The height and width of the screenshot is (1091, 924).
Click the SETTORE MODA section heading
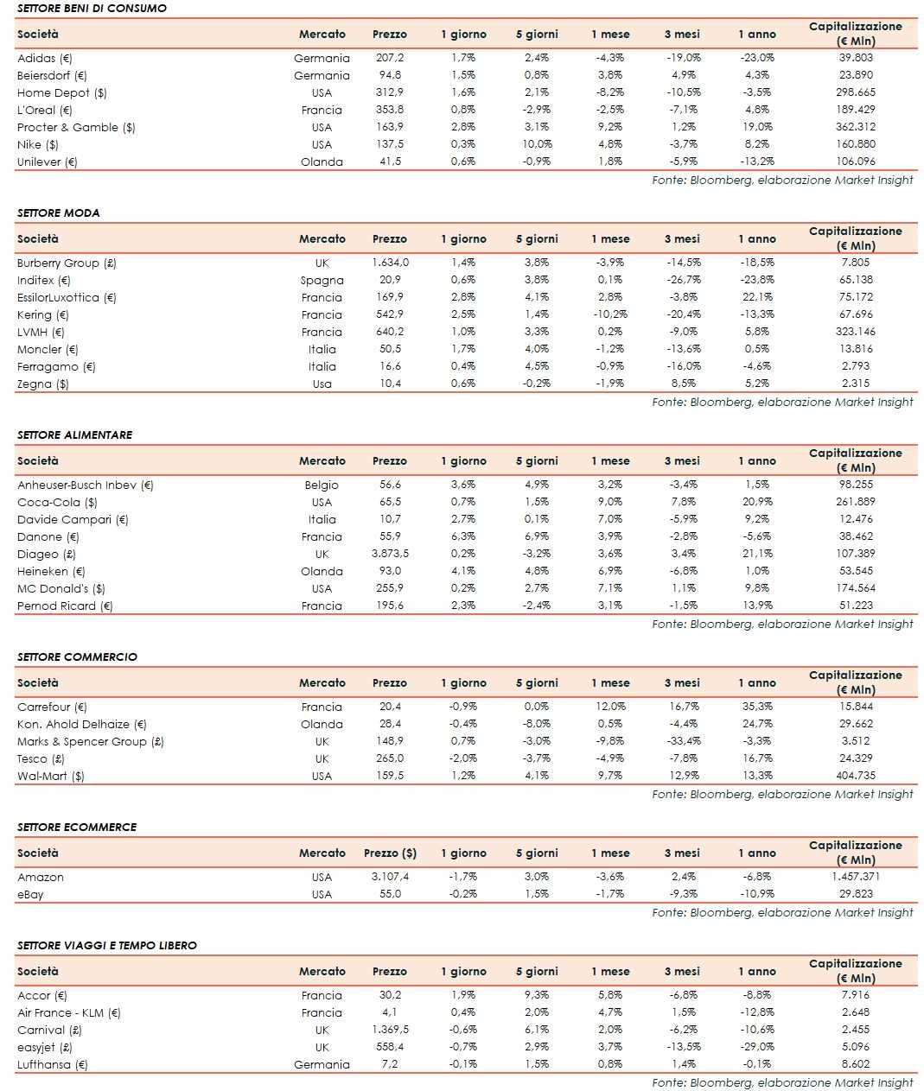58,212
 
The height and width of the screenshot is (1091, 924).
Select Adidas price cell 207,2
389,58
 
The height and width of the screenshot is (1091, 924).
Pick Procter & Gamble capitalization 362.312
856,127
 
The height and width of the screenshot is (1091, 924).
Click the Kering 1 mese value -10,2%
610,314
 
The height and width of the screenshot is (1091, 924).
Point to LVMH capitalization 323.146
856,332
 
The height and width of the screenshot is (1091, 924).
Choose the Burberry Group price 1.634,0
390,263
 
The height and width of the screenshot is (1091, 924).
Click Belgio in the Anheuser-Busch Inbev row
322,485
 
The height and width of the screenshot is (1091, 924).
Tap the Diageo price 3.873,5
390,554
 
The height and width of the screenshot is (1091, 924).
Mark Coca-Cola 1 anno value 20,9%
757,502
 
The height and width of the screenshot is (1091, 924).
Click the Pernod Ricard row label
65,606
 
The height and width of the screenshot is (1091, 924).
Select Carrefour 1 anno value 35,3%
757,707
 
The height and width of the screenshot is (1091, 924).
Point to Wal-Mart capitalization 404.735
856,776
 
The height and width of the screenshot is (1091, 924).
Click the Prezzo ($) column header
390,853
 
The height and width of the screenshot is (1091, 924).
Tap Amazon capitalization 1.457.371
856,877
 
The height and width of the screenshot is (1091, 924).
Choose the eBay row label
30,894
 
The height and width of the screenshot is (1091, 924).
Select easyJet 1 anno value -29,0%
757,1047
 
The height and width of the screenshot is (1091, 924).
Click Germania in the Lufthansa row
322,1064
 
